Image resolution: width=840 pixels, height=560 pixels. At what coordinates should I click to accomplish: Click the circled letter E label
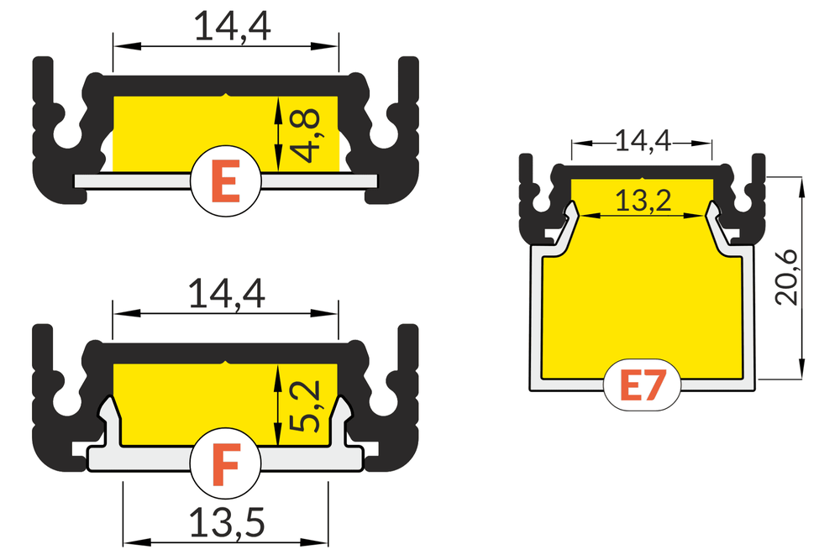click(x=225, y=181)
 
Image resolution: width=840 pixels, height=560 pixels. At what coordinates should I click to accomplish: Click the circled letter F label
click(x=225, y=463)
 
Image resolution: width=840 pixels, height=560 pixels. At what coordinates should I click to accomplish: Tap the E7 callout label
click(x=643, y=385)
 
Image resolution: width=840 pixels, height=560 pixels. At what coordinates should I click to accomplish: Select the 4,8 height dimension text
click(x=307, y=135)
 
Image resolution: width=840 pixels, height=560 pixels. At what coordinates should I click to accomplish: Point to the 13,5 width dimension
click(x=227, y=523)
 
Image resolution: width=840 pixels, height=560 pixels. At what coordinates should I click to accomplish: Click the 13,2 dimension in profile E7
click(x=643, y=201)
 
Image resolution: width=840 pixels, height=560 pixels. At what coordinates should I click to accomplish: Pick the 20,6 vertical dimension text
click(x=787, y=277)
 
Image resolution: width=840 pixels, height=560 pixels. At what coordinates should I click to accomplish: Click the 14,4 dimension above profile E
click(x=233, y=26)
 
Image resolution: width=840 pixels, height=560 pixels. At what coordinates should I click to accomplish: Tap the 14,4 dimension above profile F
click(x=227, y=293)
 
